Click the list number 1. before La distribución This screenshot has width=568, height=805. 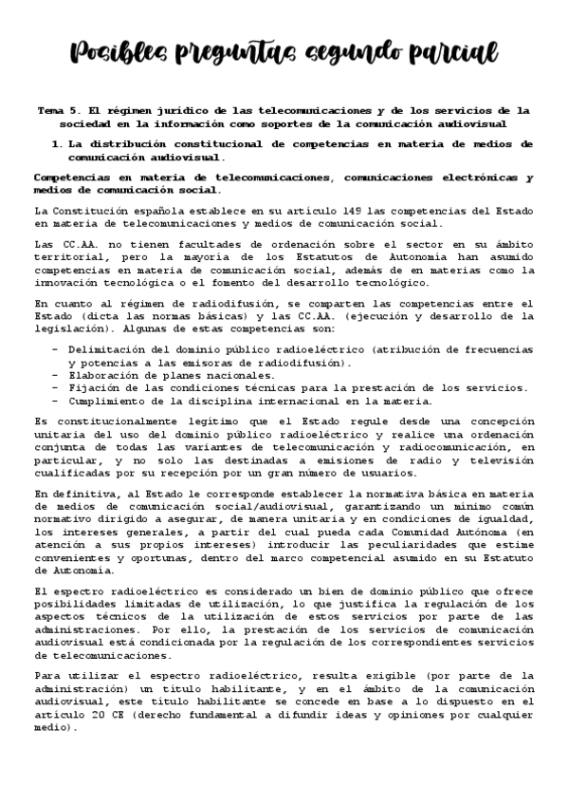[58, 143]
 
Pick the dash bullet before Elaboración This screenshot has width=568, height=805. [55, 375]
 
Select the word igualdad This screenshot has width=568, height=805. [504, 521]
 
